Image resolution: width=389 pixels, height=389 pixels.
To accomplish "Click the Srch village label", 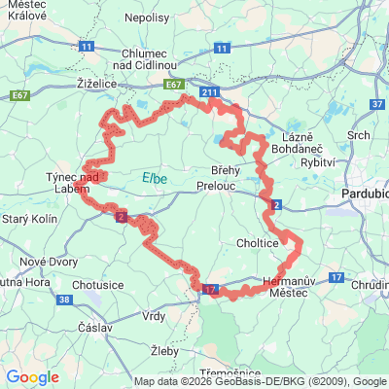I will (359, 135).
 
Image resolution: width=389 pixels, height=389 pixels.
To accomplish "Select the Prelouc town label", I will (215, 184).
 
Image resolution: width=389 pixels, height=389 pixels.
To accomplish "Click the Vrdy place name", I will (155, 316).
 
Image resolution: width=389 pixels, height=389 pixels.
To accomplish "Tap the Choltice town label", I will (258, 242).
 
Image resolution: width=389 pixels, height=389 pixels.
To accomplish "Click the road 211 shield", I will (210, 92).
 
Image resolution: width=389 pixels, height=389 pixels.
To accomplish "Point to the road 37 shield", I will (379, 103).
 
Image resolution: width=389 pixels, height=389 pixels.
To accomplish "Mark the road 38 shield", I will (64, 301).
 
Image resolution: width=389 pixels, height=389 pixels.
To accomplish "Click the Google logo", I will (32, 377).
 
